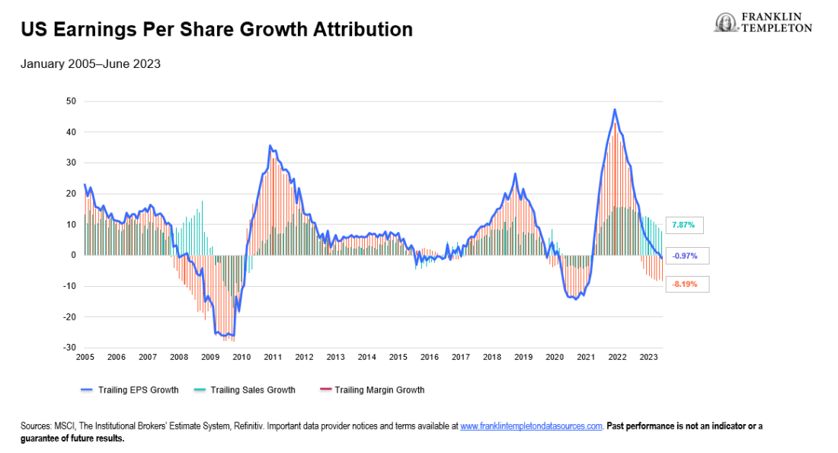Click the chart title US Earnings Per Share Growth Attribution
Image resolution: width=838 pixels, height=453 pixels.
coord(216,30)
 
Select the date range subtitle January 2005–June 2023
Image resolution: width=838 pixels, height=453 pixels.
coord(90,64)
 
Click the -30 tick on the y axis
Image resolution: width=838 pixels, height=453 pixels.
coord(70,348)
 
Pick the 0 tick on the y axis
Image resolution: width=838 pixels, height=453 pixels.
coord(73,255)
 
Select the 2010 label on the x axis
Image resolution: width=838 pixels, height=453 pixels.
coord(241,357)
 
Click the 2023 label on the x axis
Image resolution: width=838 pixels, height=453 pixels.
coord(648,357)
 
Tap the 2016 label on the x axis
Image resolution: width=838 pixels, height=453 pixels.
coord(429,357)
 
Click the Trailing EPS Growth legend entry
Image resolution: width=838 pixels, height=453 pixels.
coord(130,390)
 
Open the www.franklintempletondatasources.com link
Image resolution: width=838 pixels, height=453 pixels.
coord(531,426)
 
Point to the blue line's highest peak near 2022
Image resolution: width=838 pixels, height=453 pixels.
coord(614,110)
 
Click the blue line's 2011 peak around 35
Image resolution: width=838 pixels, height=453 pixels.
coord(270,146)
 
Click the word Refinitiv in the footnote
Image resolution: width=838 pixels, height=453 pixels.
coord(269,426)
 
